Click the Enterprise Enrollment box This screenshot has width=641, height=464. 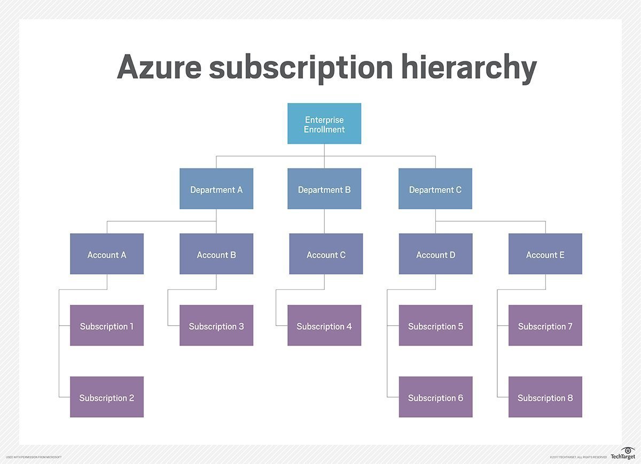point(324,124)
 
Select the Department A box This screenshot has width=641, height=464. point(216,189)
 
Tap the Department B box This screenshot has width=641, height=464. point(324,189)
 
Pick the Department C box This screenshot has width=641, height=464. point(435,189)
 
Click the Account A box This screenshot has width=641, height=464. point(107,254)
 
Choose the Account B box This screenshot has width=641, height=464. point(216,254)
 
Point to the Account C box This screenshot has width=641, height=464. point(326,254)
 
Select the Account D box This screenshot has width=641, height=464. point(435,254)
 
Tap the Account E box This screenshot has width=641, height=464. point(545,254)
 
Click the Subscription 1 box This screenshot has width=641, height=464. point(107,326)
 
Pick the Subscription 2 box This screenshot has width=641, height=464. point(107,397)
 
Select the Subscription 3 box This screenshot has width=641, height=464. point(216,326)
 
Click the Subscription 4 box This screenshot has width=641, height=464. point(324,326)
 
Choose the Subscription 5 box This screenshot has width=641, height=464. point(435,326)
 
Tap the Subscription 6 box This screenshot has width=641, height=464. point(435,397)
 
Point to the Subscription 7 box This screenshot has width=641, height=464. point(545,326)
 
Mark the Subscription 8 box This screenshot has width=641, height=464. point(545,397)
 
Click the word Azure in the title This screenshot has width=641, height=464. point(158,67)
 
